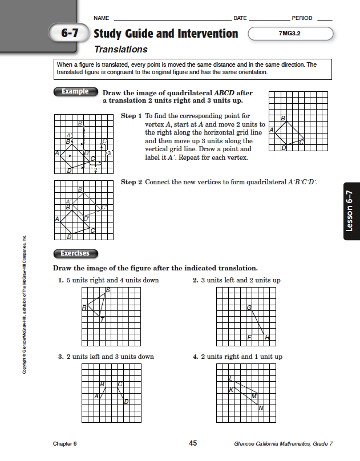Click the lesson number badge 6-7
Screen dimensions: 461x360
click(70, 34)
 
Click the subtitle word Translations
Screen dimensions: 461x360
click(120, 50)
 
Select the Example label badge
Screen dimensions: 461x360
click(75, 91)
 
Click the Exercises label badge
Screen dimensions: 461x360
click(75, 253)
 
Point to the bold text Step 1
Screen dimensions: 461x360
click(131, 116)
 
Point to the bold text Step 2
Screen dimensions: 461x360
click(131, 182)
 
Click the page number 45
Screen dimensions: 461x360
click(193, 443)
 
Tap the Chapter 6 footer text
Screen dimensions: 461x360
click(64, 444)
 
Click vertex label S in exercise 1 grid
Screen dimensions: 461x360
click(108, 290)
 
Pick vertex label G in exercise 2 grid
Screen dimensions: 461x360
click(249, 308)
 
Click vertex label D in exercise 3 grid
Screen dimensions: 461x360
click(126, 402)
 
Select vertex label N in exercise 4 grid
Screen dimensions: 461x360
click(261, 407)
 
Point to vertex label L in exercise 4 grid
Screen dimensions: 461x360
click(230, 378)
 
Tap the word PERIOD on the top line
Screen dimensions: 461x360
click(302, 18)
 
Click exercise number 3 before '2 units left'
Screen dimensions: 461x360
click(60, 357)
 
